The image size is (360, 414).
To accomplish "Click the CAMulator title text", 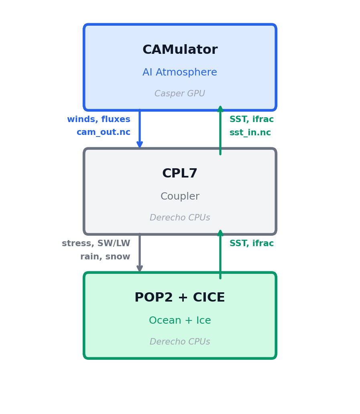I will pyautogui.click(x=180, y=50).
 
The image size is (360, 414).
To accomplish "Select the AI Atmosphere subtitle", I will pyautogui.click(x=180, y=73).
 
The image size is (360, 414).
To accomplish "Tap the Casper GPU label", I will pyautogui.click(x=180, y=94).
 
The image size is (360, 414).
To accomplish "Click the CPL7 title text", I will pyautogui.click(x=180, y=174).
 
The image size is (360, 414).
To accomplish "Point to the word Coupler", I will pyautogui.click(x=180, y=197).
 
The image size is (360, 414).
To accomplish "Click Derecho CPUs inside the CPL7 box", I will pyautogui.click(x=180, y=218).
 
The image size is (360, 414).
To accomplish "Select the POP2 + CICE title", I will pyautogui.click(x=180, y=298).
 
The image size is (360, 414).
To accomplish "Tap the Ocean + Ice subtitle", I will pyautogui.click(x=180, y=321).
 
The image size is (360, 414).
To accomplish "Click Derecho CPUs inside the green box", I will pyautogui.click(x=180, y=342).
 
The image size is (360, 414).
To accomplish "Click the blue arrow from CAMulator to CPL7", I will pyautogui.click(x=140, y=128).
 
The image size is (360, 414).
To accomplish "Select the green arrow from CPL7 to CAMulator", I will pyautogui.click(x=220, y=130).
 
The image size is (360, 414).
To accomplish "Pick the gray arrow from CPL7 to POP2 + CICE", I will pyautogui.click(x=140, y=253).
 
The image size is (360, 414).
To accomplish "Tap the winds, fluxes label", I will pyautogui.click(x=99, y=120).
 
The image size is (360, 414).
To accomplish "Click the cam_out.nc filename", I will pyautogui.click(x=104, y=133).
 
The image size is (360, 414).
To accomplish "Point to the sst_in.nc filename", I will pyautogui.click(x=250, y=133).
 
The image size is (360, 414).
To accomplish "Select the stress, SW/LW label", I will pyautogui.click(x=96, y=244).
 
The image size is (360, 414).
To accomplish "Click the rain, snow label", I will pyautogui.click(x=105, y=257).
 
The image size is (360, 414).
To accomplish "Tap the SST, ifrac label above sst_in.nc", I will pyautogui.click(x=252, y=120).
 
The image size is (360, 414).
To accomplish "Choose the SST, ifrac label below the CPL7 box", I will pyautogui.click(x=252, y=244).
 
